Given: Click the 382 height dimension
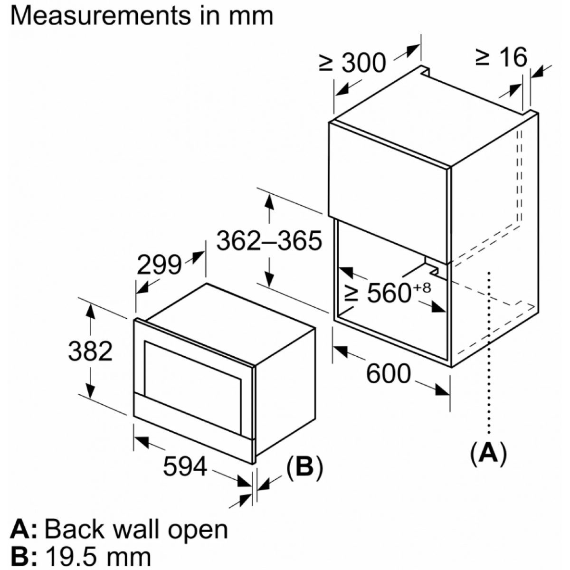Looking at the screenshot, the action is click(90, 351).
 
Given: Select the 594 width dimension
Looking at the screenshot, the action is click(185, 466).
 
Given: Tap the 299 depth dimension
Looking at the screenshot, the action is click(159, 265).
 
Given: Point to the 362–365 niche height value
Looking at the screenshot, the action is click(269, 240).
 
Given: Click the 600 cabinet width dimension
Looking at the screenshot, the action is click(389, 374).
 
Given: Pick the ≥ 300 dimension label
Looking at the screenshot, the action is click(352, 63).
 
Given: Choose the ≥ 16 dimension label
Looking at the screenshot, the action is click(501, 57).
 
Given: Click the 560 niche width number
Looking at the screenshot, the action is click(389, 293).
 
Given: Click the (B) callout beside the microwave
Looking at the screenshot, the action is click(304, 467).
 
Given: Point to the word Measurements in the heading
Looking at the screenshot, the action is click(101, 16).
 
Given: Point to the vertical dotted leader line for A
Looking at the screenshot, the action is click(489, 352).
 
